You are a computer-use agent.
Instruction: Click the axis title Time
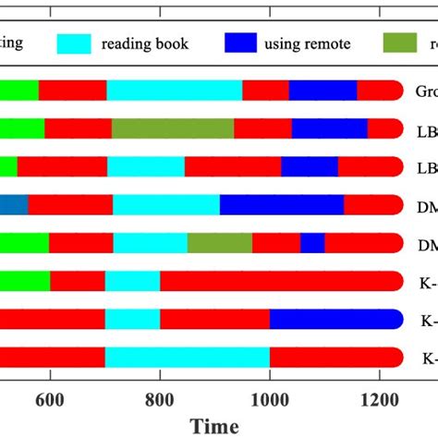(215, 425)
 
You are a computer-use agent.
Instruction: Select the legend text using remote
(308, 44)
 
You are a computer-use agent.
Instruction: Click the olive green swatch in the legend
(402, 43)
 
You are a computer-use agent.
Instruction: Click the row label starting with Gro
(425, 91)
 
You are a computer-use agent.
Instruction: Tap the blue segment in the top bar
(322, 90)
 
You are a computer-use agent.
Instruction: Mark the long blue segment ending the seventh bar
(335, 319)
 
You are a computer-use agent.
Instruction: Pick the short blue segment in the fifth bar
(312, 242)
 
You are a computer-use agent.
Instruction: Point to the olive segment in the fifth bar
(220, 242)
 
